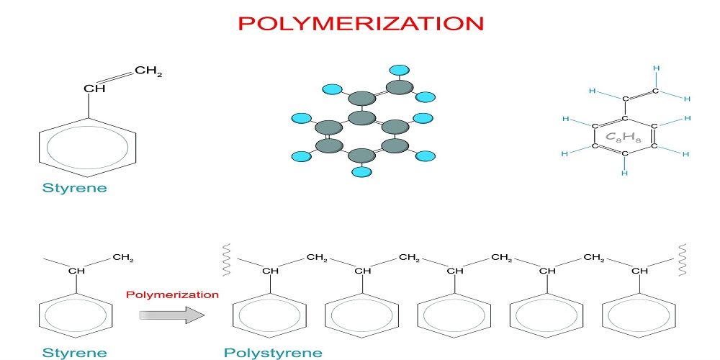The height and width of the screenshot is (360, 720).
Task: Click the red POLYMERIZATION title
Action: [360, 23]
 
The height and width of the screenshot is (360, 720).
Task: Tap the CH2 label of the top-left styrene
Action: [148, 71]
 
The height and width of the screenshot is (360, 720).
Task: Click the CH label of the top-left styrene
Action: [94, 89]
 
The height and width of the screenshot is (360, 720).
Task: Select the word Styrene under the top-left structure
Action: [74, 188]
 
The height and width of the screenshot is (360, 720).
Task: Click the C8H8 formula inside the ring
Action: [624, 136]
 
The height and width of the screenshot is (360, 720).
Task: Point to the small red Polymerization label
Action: [172, 294]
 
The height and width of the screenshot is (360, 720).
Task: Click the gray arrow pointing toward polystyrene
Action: [172, 315]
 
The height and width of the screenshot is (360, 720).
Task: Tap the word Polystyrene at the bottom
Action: [273, 353]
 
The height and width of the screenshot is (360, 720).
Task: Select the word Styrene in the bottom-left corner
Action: [74, 353]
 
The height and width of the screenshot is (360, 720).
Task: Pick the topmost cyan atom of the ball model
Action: [399, 71]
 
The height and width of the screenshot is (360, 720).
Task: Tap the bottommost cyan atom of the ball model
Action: [362, 171]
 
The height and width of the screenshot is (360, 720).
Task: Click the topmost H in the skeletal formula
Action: [656, 68]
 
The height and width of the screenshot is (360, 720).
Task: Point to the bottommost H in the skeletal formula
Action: [625, 173]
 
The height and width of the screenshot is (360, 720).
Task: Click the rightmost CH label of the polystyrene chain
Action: [639, 271]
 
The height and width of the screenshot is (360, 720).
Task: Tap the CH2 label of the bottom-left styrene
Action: [123, 258]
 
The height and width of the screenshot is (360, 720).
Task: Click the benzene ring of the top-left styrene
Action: [88, 147]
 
